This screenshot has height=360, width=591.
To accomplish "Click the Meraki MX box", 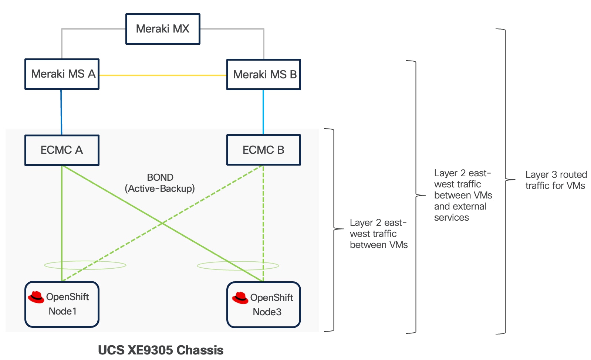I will [163, 29].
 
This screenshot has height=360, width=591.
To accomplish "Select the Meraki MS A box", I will [62, 74].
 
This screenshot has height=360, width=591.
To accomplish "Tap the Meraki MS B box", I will [263, 74].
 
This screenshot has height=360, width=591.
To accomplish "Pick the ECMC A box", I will [62, 150].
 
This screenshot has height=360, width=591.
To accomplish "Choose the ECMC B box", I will [263, 150].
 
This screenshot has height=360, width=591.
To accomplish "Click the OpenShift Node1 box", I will [62, 304].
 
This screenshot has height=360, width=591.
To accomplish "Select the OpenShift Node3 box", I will [263, 305].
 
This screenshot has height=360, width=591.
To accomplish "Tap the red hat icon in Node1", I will [36, 297].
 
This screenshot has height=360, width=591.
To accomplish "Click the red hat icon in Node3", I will [240, 298].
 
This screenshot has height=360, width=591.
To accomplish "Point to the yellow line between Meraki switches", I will [163, 75].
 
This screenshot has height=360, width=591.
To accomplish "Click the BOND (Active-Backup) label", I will [160, 183].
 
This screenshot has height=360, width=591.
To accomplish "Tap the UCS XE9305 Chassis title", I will [161, 350].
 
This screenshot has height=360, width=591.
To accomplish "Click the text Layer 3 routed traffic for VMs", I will [555, 180].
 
